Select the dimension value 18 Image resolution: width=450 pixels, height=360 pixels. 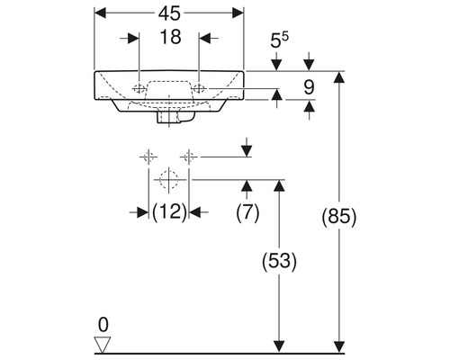point(168,39)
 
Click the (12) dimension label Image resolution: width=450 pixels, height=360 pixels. point(167,211)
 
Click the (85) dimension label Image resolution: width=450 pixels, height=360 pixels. point(340,216)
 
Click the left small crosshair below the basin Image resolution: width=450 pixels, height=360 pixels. point(144,156)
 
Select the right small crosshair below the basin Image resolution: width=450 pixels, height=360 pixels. point(187,156)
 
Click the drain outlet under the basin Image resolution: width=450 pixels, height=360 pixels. point(168,116)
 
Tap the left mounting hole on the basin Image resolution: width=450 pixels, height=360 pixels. point(139,89)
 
